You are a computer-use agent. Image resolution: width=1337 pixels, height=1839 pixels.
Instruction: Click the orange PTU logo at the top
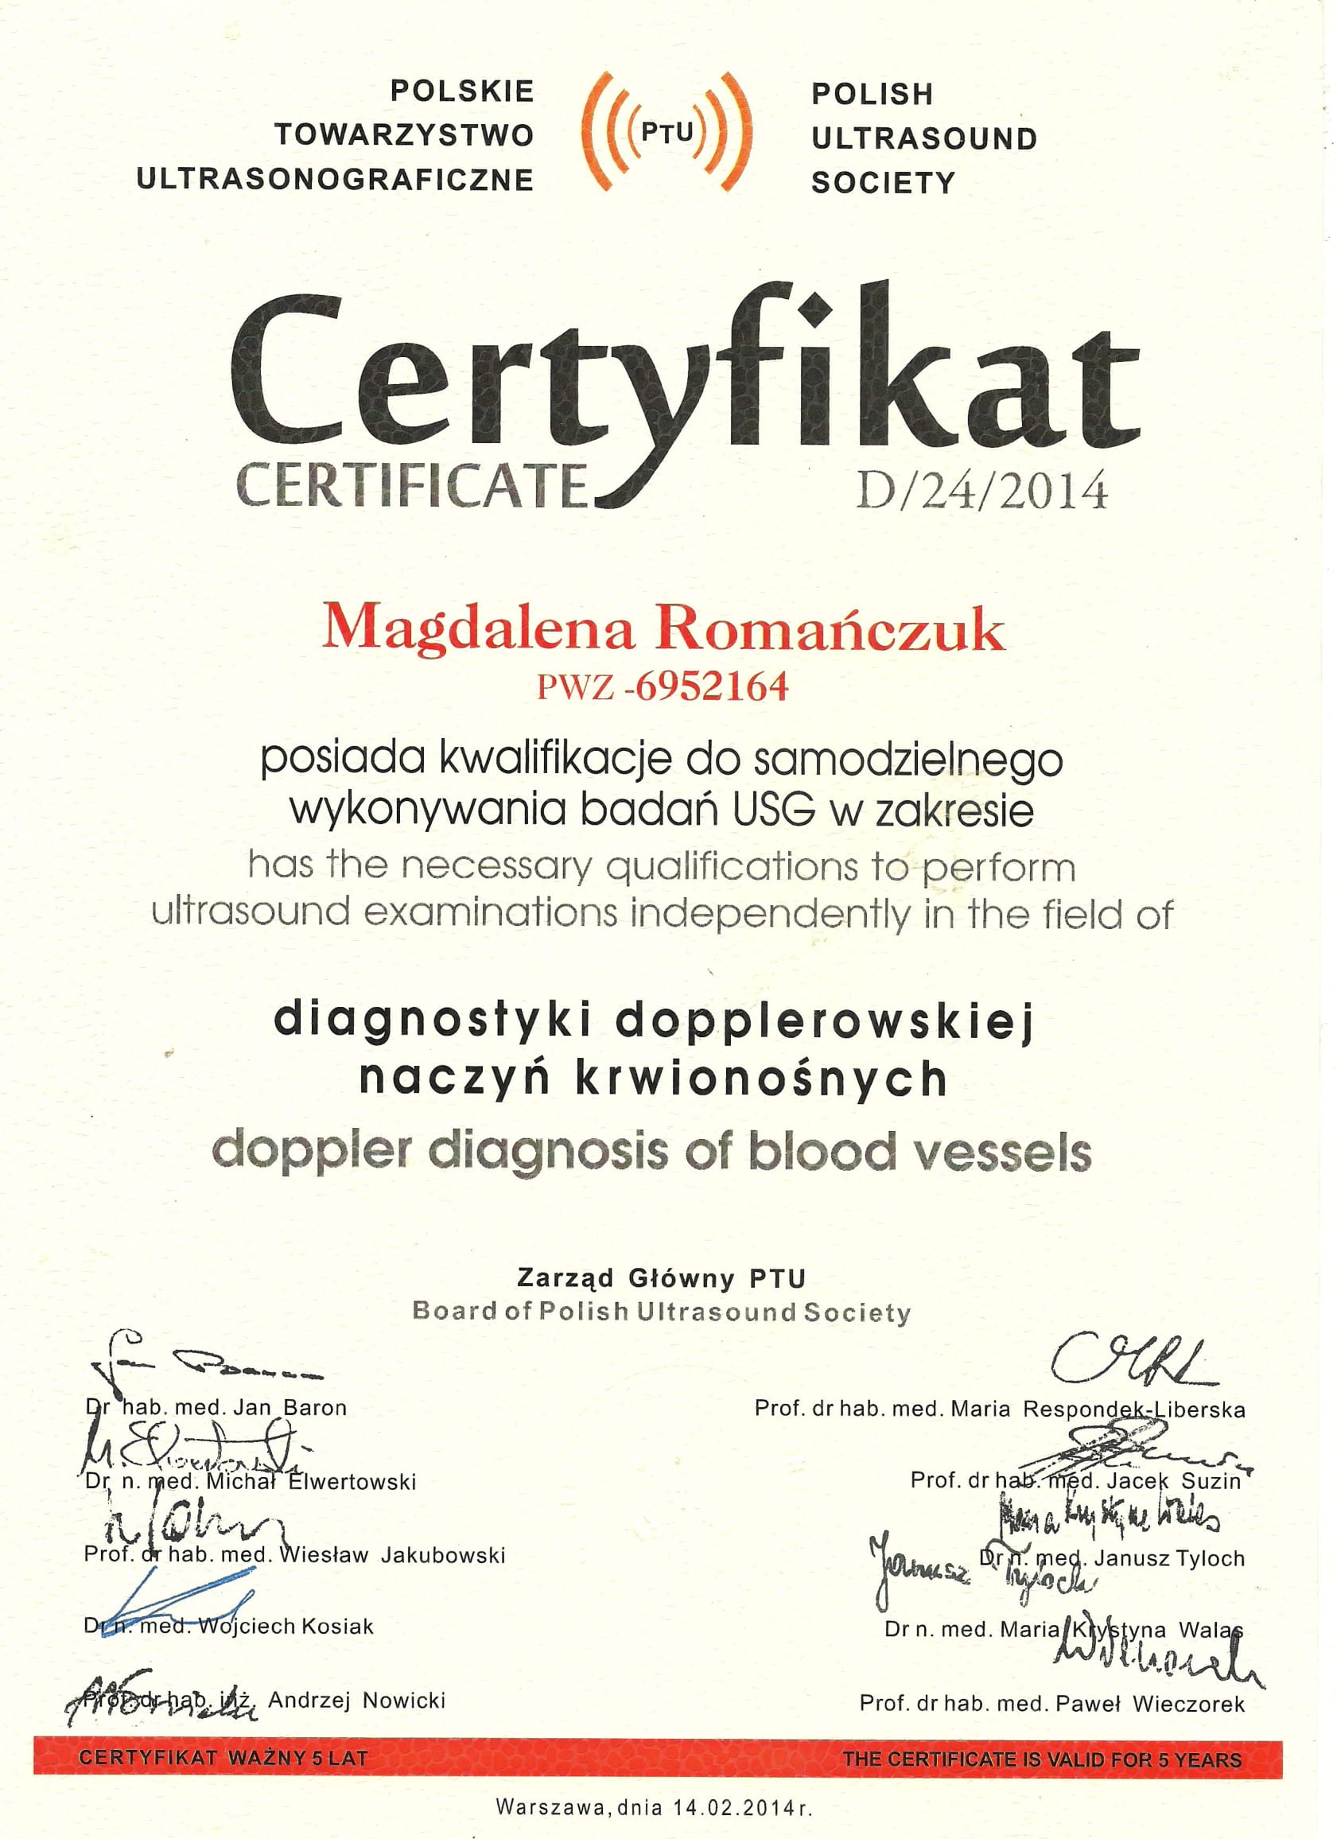(667, 131)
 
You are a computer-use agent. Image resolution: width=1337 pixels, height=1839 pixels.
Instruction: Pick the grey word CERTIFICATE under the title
(412, 487)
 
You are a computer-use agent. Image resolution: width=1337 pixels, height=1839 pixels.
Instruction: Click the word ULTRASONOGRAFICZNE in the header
(335, 179)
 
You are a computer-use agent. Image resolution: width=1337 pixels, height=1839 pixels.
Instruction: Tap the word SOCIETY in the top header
(883, 182)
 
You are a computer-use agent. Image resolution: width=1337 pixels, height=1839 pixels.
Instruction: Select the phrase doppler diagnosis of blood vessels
(651, 1152)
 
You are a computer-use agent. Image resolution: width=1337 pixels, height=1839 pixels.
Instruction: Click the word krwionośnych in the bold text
(761, 1079)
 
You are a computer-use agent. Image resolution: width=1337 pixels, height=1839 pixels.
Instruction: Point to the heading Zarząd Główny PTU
(662, 1279)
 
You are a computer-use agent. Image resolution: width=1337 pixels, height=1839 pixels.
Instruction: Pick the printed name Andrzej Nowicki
(357, 1700)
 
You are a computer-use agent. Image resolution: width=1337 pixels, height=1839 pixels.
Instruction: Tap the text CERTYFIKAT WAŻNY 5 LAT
(223, 1758)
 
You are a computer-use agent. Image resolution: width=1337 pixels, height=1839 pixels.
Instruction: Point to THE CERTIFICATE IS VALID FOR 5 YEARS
(1041, 1759)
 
